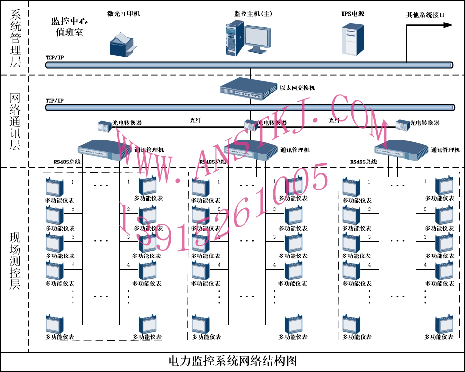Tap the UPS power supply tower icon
pyautogui.click(x=353, y=39)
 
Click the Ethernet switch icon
pyautogui.click(x=248, y=89)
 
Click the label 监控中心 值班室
pyautogui.click(x=70, y=27)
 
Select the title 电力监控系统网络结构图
pyautogui.click(x=232, y=361)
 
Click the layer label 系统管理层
pyautogui.click(x=15, y=38)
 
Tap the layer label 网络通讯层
pyautogui.click(x=15, y=121)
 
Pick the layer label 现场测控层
pyautogui.click(x=15, y=261)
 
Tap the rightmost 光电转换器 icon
pyautogui.click(x=402, y=125)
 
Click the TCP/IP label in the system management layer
pyautogui.click(x=54, y=58)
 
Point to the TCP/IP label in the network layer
pyautogui.click(x=54, y=101)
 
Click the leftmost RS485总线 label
pyautogui.click(x=68, y=161)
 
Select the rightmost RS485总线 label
pyautogui.click(x=364, y=161)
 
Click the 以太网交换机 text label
pyautogui.click(x=297, y=88)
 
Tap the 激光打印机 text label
pyautogui.click(x=123, y=14)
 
